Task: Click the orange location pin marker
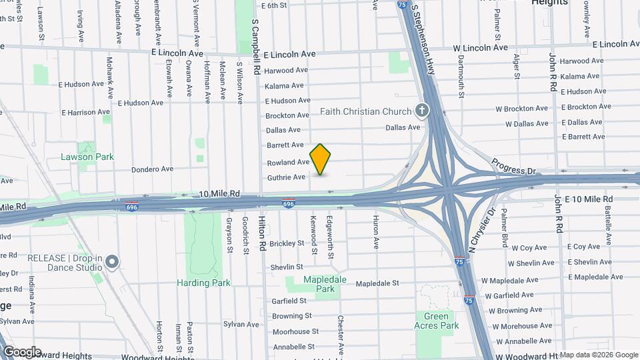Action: (x=321, y=159)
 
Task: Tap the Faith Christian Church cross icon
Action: (x=421, y=110)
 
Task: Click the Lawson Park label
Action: (x=87, y=157)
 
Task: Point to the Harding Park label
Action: (x=203, y=283)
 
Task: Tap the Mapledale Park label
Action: (x=325, y=284)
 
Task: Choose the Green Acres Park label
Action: (x=437, y=320)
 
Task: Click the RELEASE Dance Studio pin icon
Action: (x=112, y=261)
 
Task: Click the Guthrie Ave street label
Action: (x=286, y=177)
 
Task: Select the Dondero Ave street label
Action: (x=152, y=169)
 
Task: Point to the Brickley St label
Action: (x=287, y=243)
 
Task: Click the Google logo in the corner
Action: (x=21, y=352)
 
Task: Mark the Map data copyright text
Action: (x=598, y=355)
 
